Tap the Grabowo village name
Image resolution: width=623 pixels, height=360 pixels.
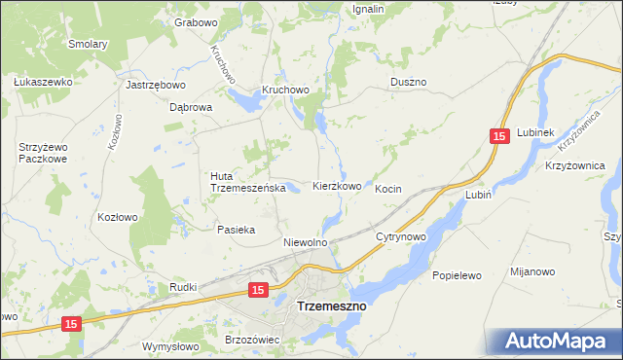tap(195, 21)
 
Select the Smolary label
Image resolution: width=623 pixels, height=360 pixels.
tap(87, 44)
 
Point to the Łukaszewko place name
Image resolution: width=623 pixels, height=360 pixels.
tap(45, 83)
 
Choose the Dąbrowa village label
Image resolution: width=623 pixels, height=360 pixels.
tap(191, 108)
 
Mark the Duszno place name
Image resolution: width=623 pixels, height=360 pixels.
tap(408, 83)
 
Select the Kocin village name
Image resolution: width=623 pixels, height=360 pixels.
tap(388, 189)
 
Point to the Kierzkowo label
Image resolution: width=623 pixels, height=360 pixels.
tap(337, 186)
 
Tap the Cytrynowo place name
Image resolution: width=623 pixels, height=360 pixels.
tap(402, 236)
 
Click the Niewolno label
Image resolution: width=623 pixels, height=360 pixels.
tap(304, 242)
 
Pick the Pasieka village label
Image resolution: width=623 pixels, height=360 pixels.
tap(236, 230)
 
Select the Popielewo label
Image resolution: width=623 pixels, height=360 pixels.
tap(458, 275)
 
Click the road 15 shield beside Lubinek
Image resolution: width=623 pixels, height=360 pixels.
tap(499, 139)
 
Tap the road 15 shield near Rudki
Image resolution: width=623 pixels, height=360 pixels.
tap(257, 290)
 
